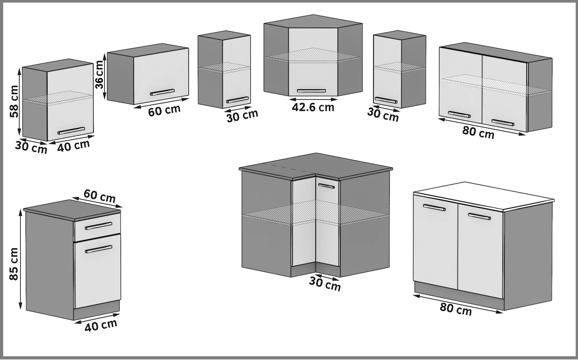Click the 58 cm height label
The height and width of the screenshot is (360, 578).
[x=14, y=101]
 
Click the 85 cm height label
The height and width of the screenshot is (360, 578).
[x=14, y=264]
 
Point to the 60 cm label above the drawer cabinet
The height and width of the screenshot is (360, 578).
[x=100, y=196]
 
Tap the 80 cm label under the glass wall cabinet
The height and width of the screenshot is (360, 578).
[x=478, y=132]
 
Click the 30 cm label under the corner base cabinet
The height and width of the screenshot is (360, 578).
[x=325, y=284]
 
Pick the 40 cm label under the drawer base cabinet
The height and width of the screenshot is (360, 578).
[x=101, y=325]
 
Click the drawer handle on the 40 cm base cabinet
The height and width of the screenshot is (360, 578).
[x=99, y=226]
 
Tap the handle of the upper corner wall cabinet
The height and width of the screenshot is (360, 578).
[x=311, y=91]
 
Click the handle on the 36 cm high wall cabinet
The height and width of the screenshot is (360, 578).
[x=162, y=92]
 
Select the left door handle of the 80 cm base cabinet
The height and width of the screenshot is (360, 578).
[x=434, y=208]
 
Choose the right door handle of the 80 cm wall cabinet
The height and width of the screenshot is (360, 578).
[x=503, y=123]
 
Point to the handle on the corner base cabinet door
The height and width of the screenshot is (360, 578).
[x=326, y=186]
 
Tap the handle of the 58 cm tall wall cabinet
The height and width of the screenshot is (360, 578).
[x=71, y=131]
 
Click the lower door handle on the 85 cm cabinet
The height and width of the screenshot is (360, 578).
[x=99, y=249]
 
